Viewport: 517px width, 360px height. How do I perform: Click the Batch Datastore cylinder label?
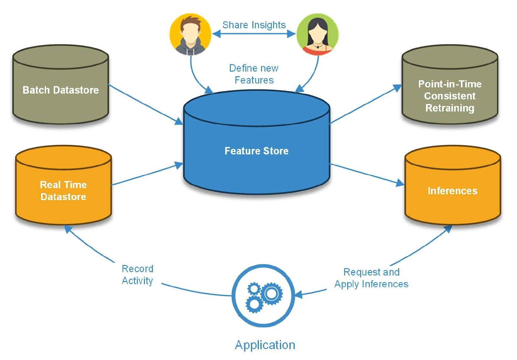[61, 90]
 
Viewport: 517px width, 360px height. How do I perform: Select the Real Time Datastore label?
[63, 190]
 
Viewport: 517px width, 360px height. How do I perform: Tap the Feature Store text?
[256, 151]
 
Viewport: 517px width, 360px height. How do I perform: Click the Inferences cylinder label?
[452, 191]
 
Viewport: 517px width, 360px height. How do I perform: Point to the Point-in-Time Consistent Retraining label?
[450, 96]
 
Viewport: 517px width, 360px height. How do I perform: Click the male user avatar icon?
[190, 34]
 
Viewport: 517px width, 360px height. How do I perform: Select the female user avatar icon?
[317, 34]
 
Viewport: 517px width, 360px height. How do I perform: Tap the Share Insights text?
[254, 25]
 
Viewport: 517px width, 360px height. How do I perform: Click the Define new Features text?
[254, 74]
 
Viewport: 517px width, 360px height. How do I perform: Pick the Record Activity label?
[137, 275]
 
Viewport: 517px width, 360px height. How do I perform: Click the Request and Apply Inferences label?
[371, 278]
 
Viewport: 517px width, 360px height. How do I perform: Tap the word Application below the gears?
[265, 345]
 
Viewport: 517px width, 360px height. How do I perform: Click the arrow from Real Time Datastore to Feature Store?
[147, 175]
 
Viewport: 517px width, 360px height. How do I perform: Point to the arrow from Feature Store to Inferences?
[366, 174]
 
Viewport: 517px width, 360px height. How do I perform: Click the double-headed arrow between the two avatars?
[254, 34]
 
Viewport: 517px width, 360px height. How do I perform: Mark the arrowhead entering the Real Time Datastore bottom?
[68, 229]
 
